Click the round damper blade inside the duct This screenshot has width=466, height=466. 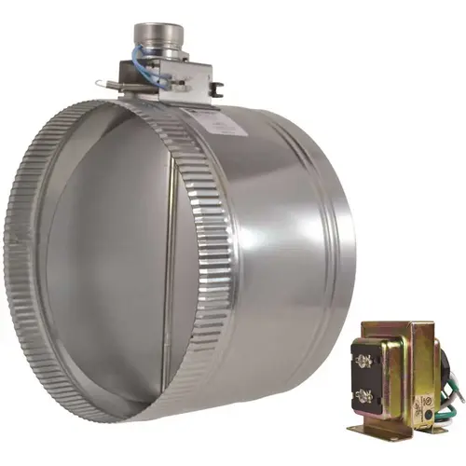click(x=103, y=242)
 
